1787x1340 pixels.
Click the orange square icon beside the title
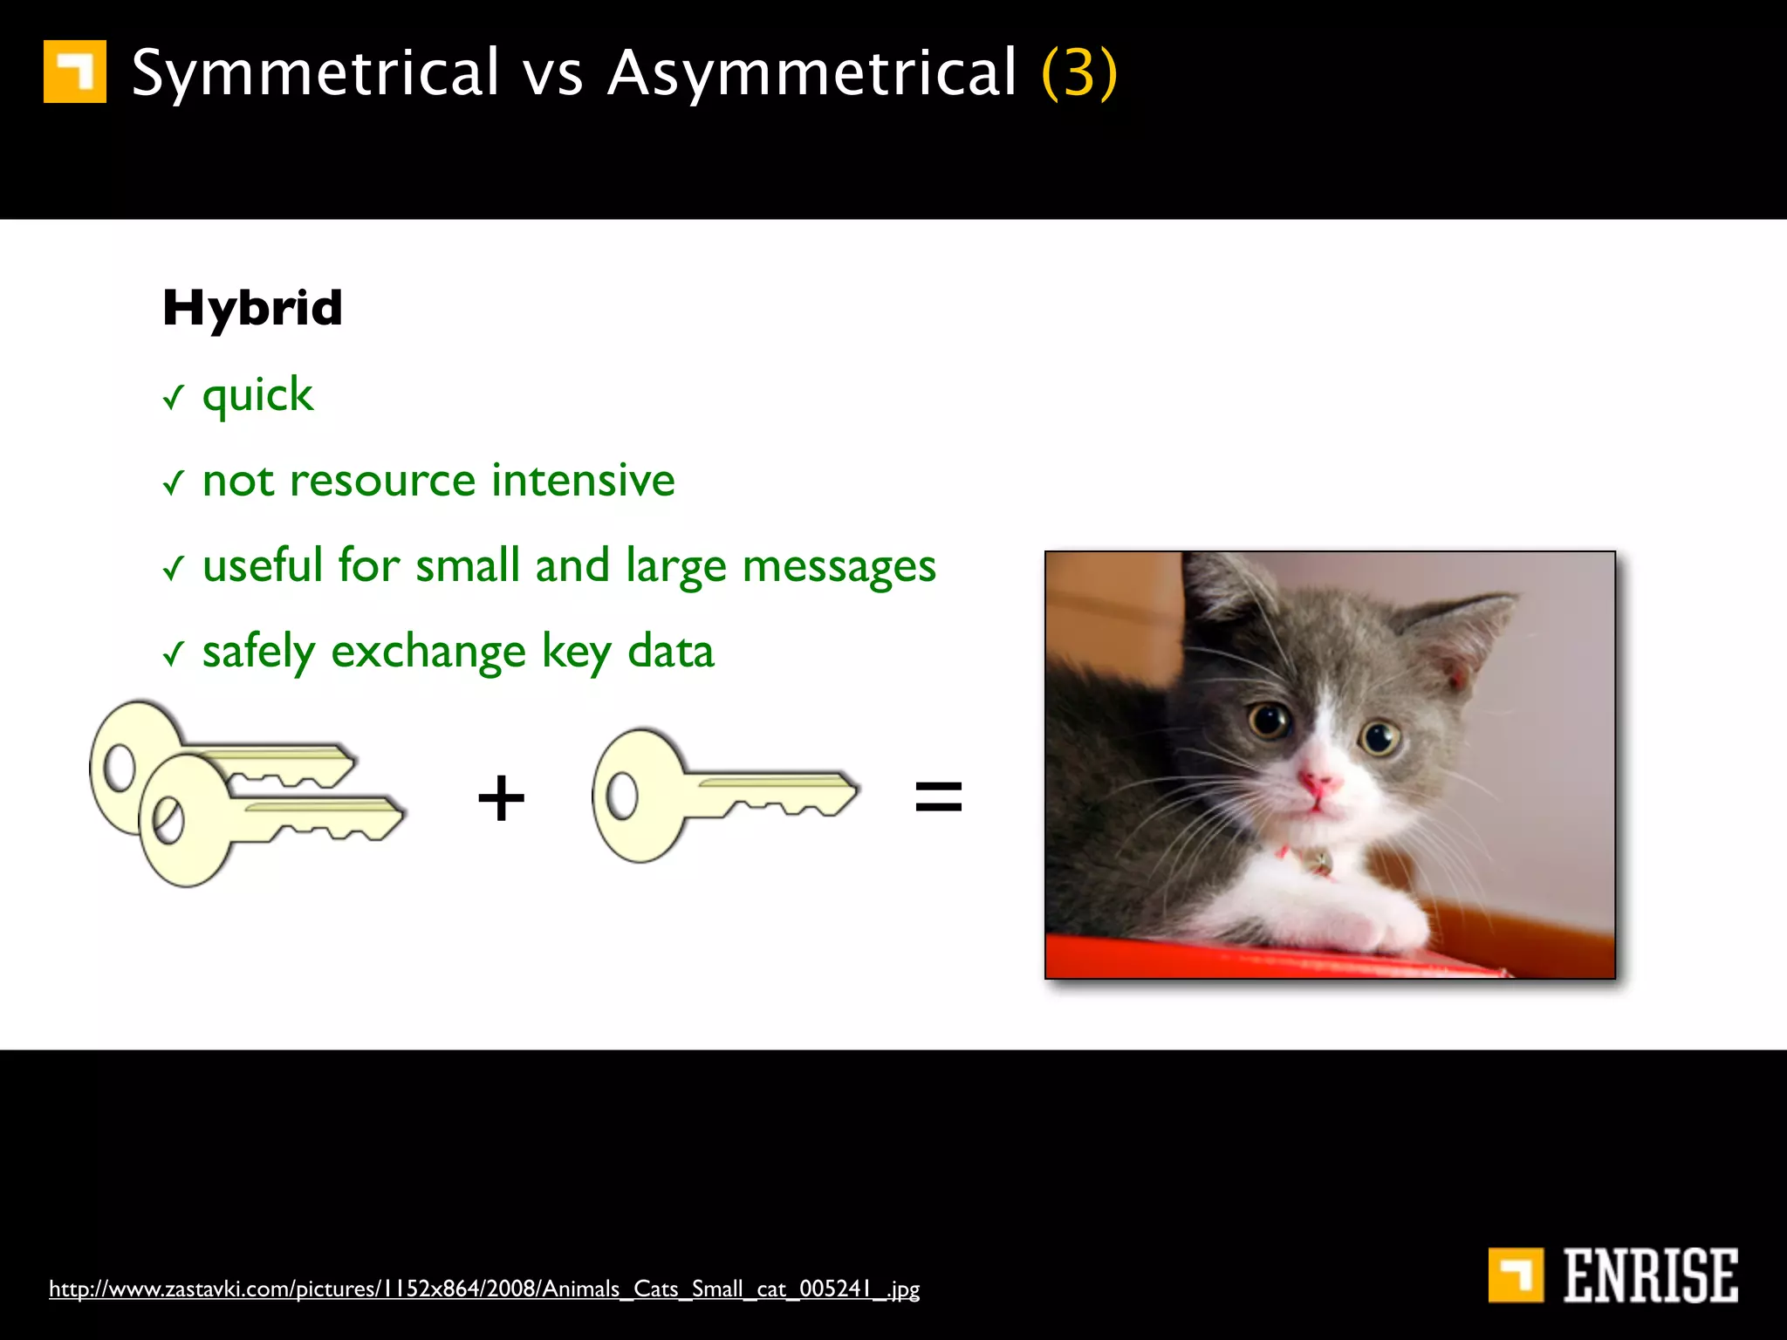pos(75,72)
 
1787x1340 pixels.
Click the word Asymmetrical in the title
pos(811,73)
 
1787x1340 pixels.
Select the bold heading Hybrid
pos(252,308)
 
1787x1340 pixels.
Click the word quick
pos(257,396)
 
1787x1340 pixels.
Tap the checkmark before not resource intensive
pos(174,482)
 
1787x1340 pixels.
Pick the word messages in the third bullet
pos(839,567)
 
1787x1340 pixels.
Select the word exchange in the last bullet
pos(428,653)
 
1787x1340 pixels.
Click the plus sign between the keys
pos(501,797)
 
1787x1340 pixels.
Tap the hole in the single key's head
pos(622,796)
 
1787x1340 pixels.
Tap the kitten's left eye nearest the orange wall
pos(1267,721)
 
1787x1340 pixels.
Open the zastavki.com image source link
pos(484,1289)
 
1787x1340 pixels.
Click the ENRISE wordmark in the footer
pos(1649,1275)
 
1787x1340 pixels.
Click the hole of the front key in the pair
pos(168,820)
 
